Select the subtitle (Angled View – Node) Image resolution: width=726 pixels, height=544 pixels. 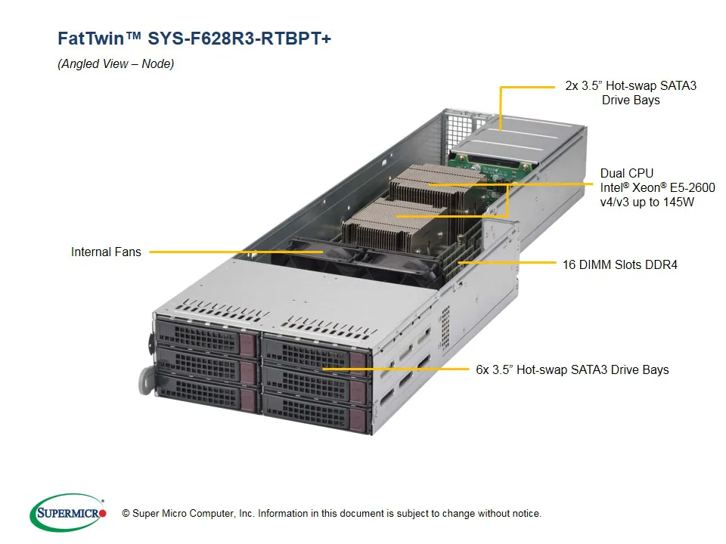[x=116, y=64]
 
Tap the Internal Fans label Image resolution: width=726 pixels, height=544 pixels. [x=106, y=252]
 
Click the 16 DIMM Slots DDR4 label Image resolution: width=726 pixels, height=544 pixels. [x=619, y=264]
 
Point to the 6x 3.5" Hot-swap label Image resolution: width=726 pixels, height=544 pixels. [x=572, y=369]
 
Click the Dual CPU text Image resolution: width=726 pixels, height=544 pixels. [x=626, y=173]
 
